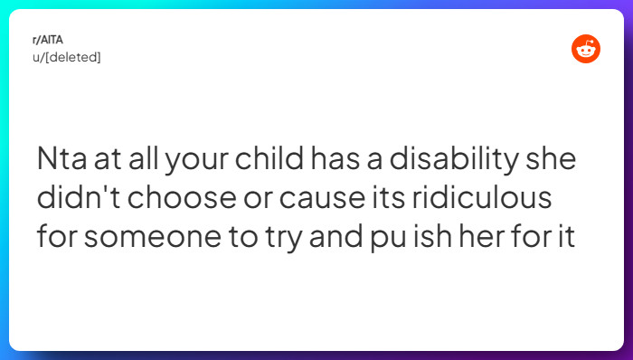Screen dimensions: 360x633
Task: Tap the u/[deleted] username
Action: click(x=65, y=57)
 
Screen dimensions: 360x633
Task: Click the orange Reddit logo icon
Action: click(x=586, y=49)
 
